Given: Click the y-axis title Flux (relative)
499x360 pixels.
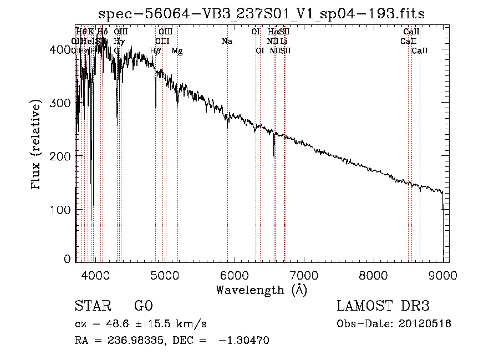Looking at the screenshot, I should (37, 146).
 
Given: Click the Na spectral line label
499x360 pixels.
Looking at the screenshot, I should (226, 41).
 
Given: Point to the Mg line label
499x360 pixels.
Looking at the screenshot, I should (177, 50).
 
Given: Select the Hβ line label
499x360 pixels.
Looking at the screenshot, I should (156, 50).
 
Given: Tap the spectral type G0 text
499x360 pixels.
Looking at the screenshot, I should (143, 307).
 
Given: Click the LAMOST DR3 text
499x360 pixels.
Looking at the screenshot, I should (383, 307).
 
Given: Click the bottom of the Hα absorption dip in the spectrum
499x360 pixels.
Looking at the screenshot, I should (274, 156).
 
